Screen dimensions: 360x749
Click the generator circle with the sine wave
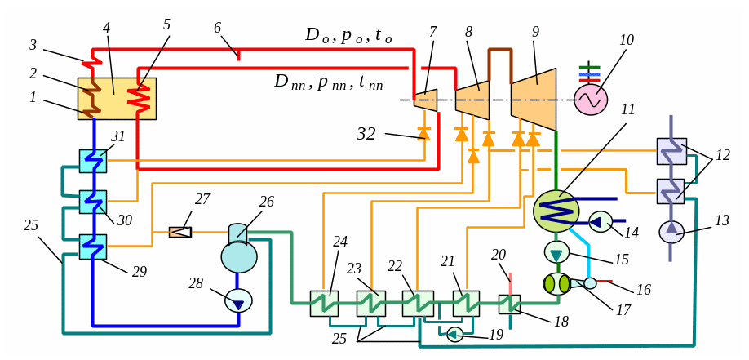click(591, 100)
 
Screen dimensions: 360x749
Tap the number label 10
click(627, 40)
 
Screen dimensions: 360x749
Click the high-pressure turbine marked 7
click(426, 100)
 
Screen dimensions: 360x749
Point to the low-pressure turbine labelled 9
click(534, 100)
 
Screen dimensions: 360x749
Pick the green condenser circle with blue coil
click(556, 211)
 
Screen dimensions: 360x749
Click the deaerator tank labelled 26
click(238, 251)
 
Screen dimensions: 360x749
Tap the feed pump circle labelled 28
click(238, 300)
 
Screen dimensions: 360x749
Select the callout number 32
click(366, 134)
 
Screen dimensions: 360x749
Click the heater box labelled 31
click(92, 161)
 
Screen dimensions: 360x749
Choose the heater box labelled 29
click(92, 247)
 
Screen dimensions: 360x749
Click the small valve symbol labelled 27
click(180, 232)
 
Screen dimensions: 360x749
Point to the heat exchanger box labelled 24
click(324, 304)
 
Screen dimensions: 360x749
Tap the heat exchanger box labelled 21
click(466, 304)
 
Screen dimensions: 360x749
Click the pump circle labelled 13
click(671, 232)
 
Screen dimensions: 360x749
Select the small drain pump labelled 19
click(454, 334)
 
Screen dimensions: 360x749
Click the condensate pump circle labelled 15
click(556, 251)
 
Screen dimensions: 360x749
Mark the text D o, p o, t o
click(348, 35)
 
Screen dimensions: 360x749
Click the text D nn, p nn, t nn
click(328, 82)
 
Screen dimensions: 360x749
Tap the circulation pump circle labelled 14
click(601, 221)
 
